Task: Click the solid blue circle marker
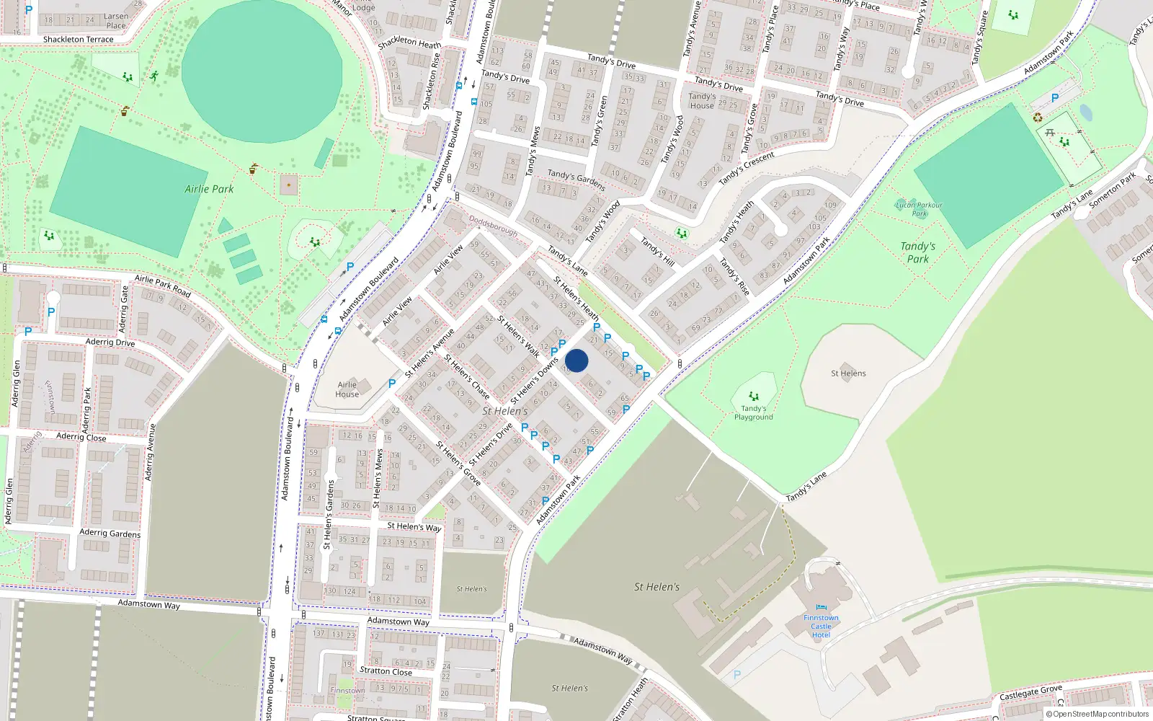click(x=576, y=360)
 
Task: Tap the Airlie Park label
click(x=209, y=189)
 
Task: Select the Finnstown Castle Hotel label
click(x=821, y=626)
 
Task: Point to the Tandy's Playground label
click(x=753, y=412)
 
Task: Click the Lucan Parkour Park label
click(x=919, y=209)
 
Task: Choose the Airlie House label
click(x=347, y=389)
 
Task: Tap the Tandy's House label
click(x=702, y=101)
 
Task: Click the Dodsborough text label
click(x=494, y=226)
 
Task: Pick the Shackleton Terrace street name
click(x=78, y=40)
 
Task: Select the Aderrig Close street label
click(x=81, y=437)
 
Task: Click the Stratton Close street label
click(x=386, y=671)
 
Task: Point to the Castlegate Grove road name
click(x=1030, y=693)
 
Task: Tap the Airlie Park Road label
click(x=163, y=286)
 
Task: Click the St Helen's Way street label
click(x=414, y=526)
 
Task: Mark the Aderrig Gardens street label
click(x=110, y=533)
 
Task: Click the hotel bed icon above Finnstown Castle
click(x=821, y=608)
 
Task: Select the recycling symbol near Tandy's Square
click(x=1038, y=118)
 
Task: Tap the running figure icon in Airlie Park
click(x=153, y=76)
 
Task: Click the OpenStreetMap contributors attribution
click(x=1098, y=714)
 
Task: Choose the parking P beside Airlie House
click(x=392, y=384)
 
